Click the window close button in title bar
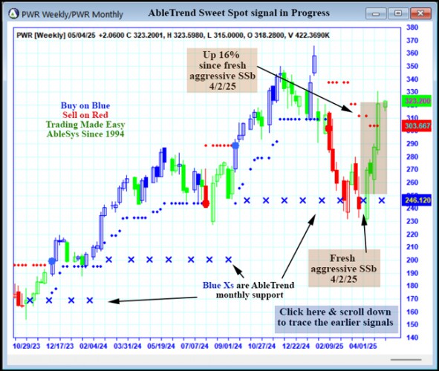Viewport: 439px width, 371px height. coord(420,13)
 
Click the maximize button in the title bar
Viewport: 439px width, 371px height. coord(398,13)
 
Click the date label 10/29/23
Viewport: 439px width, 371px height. coord(27,346)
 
